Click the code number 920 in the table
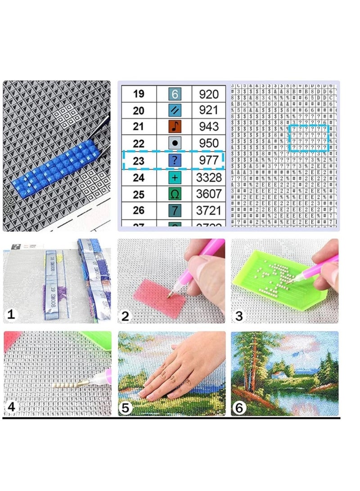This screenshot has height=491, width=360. tap(208, 94)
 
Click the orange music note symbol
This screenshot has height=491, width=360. tap(175, 126)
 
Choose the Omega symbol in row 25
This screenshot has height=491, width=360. tap(175, 194)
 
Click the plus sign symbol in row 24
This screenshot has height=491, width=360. tap(175, 177)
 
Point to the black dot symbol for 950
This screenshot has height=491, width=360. tap(175, 144)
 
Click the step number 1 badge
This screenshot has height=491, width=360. tap(11, 315)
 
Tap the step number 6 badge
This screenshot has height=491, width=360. tap(239, 408)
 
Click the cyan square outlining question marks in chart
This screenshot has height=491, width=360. tap(309, 138)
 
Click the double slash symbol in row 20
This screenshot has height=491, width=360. tap(175, 110)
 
